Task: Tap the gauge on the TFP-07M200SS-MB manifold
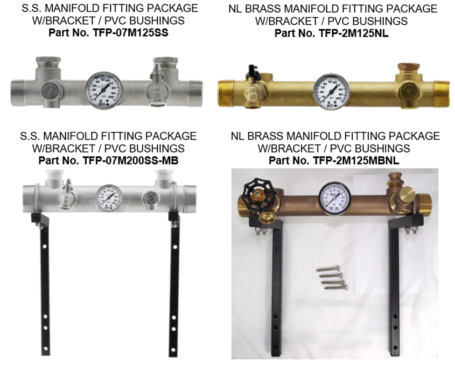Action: (x=109, y=197)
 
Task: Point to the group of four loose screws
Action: (x=332, y=277)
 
